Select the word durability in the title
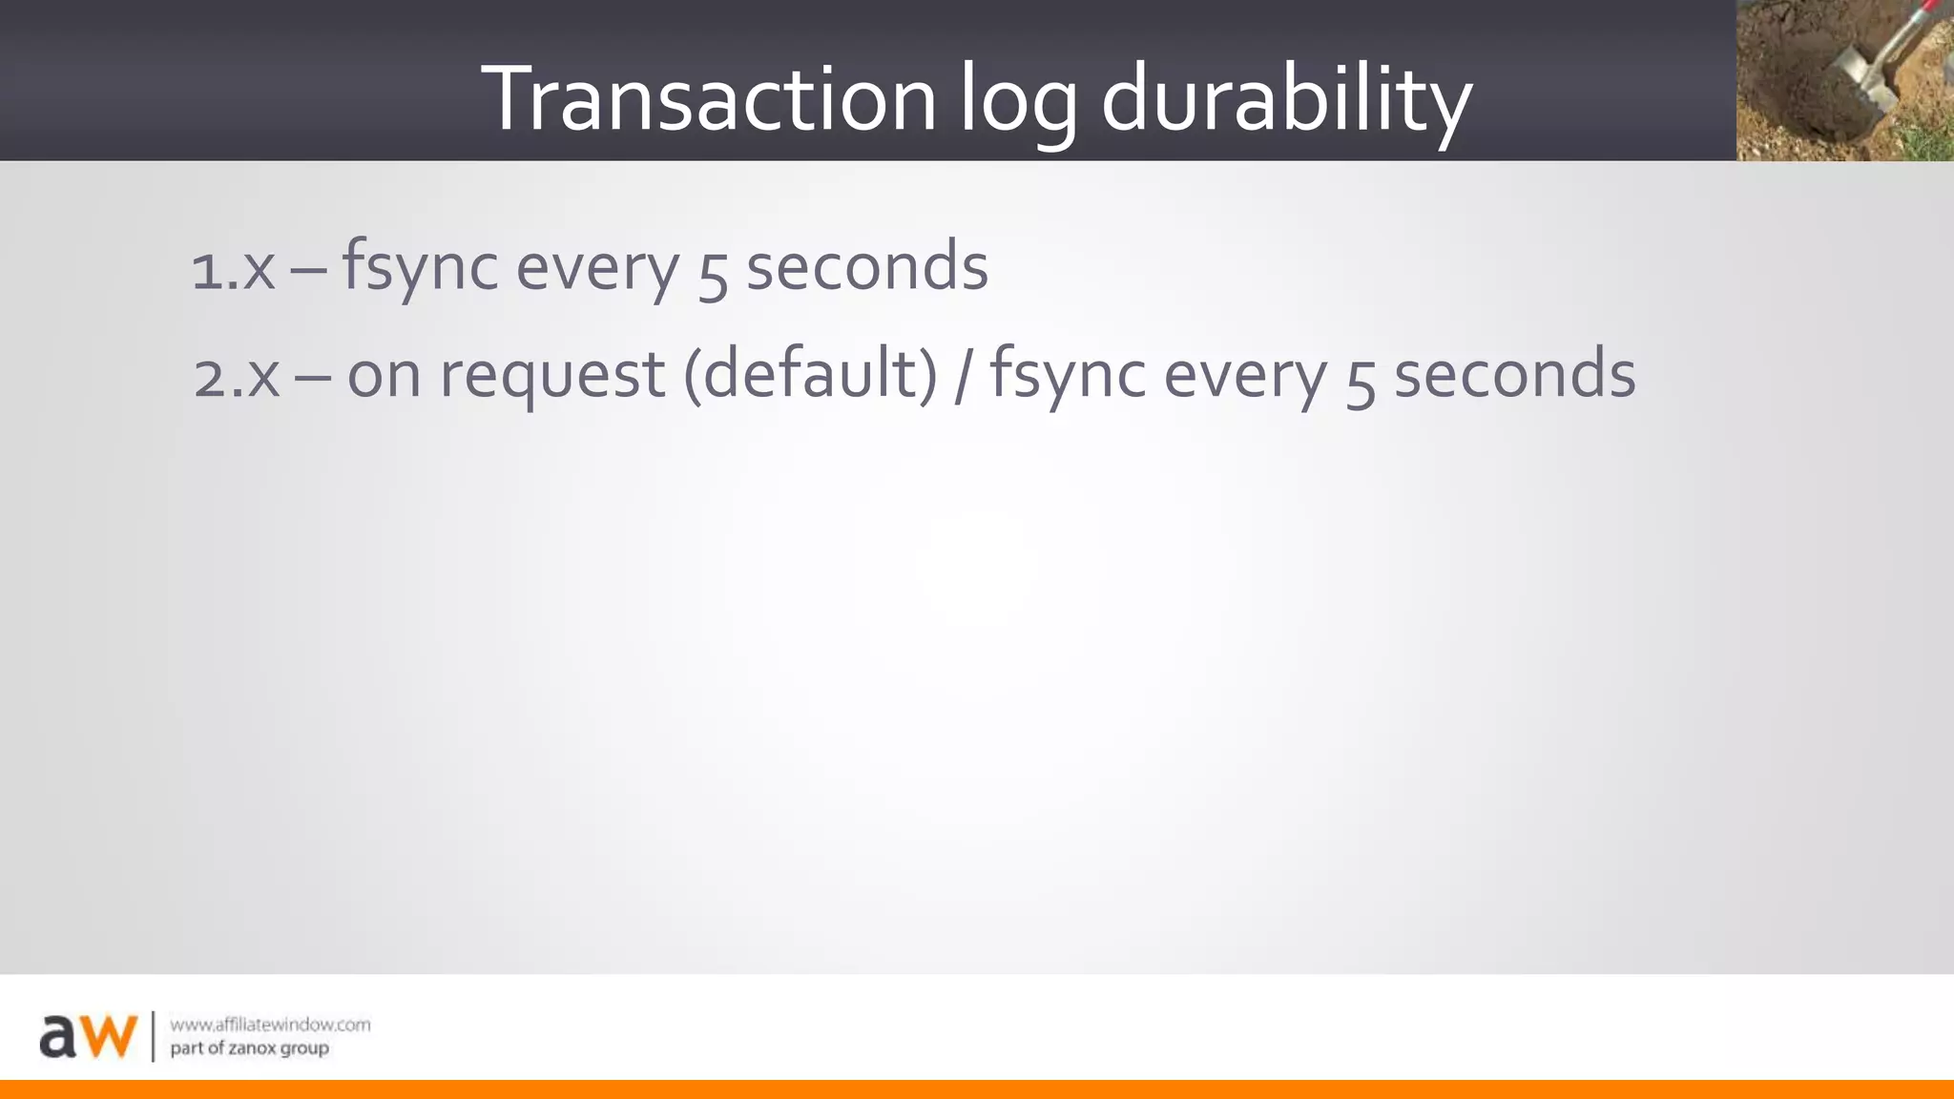coord(1286,100)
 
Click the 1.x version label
coord(233,269)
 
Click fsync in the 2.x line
coord(1068,374)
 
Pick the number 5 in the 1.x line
coord(713,272)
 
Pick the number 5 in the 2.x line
coord(1361,379)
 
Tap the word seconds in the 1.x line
coord(866,267)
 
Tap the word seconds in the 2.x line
coord(1514,374)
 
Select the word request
coord(551,376)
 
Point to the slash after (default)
coord(964,374)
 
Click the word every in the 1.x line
coord(597,269)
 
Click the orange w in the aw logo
coord(105,1036)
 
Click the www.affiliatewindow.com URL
coord(270,1025)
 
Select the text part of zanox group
coord(249,1048)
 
